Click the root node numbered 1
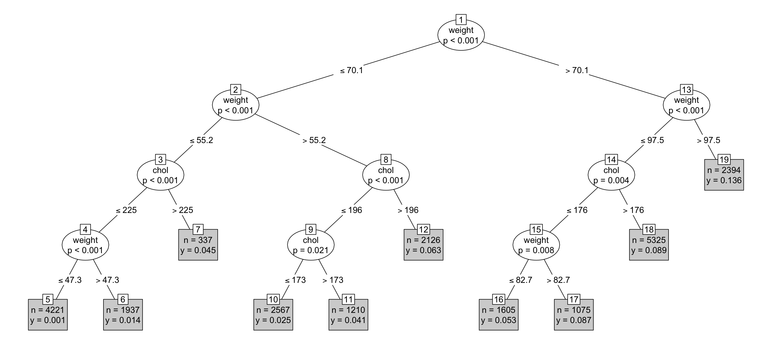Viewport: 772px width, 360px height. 461,35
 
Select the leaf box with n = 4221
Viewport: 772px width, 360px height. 48,315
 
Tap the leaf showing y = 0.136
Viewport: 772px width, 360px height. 724,175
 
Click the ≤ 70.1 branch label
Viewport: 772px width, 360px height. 351,70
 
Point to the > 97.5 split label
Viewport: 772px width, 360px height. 708,140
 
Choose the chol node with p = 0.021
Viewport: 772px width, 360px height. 310,245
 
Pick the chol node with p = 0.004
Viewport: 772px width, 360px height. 611,175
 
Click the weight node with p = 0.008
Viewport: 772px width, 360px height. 536,245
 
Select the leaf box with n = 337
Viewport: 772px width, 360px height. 198,245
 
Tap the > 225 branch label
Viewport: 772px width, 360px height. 183,210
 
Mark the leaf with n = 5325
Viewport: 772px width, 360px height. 648,245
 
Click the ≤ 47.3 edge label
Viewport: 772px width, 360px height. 70,280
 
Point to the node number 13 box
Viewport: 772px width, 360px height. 686,89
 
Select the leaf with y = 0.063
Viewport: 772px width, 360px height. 423,245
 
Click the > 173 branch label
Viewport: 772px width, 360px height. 333,280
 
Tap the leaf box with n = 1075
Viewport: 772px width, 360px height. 574,315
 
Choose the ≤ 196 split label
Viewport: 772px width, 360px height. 351,210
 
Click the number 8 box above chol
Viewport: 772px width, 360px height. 386,160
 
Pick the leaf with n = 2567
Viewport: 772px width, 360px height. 273,315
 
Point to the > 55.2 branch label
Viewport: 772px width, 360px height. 314,140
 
